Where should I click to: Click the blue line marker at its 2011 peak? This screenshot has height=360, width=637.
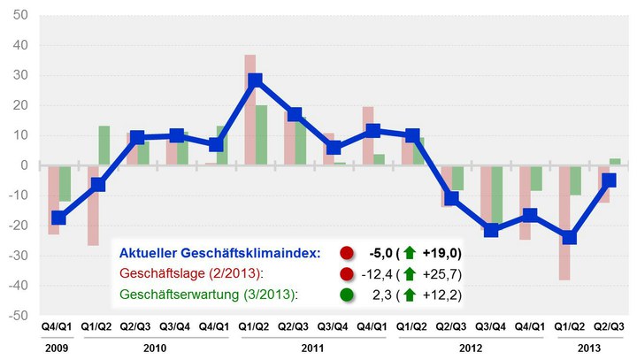click(256, 80)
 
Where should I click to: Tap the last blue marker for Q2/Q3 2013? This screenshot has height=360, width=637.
click(609, 180)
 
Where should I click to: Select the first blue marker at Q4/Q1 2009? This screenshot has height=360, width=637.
click(59, 218)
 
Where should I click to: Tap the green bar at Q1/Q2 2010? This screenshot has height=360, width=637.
click(104, 145)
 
